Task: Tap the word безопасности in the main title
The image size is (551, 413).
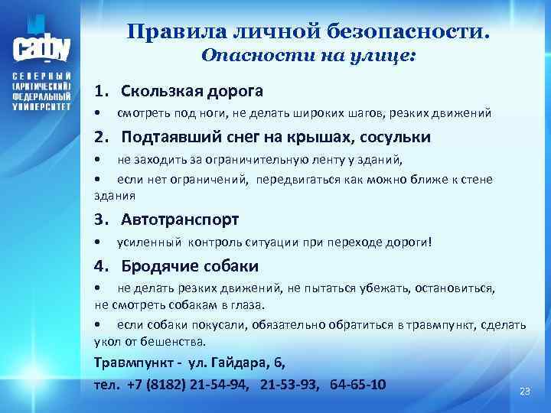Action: (409, 32)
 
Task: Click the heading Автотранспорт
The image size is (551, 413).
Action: (181, 220)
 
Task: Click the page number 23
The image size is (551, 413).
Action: (524, 391)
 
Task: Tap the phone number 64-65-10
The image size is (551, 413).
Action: (357, 383)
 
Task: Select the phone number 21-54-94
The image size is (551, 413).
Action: (222, 383)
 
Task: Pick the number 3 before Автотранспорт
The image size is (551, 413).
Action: (99, 220)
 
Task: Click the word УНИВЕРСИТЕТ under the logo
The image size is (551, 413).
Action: (42, 109)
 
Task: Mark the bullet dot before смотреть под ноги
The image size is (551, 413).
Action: (97, 114)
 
